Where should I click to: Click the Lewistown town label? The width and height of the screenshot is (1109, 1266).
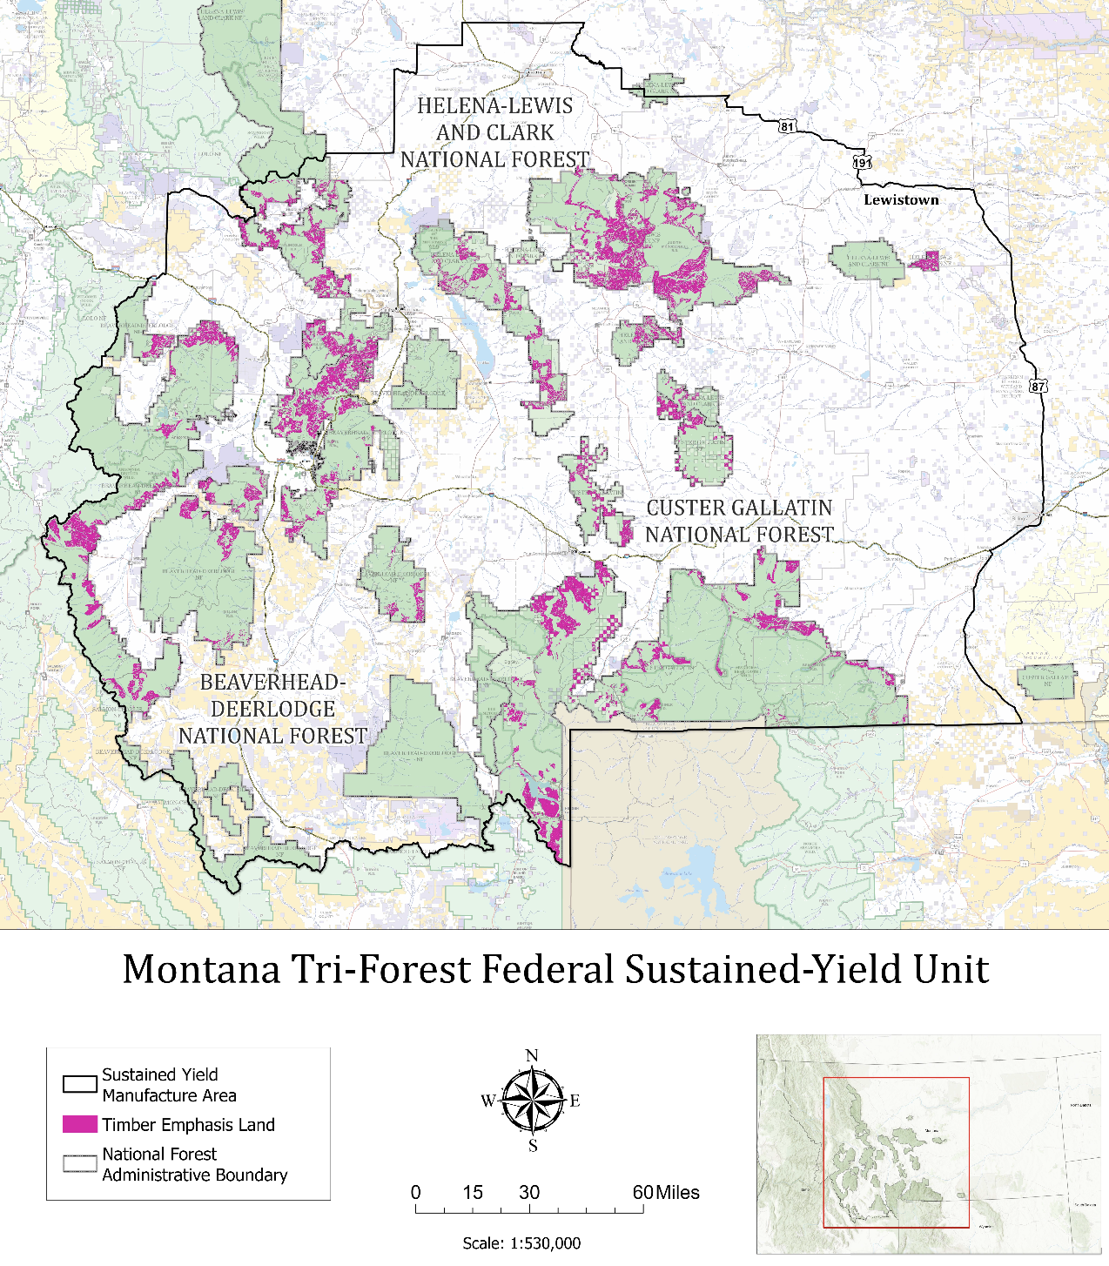pyautogui.click(x=901, y=199)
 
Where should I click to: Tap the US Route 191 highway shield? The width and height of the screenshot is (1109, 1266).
pyautogui.click(x=862, y=163)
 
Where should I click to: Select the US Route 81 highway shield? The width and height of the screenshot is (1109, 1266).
pyautogui.click(x=787, y=126)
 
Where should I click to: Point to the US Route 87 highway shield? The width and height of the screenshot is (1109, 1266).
pyautogui.click(x=1038, y=386)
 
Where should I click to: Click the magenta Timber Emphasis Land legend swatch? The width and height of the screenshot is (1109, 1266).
pyautogui.click(x=79, y=1124)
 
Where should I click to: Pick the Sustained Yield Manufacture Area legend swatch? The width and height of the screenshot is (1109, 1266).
pyautogui.click(x=79, y=1084)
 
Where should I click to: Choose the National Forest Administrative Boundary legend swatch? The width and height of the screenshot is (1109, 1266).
pyautogui.click(x=79, y=1164)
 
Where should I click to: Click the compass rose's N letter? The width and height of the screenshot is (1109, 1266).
pyautogui.click(x=532, y=1056)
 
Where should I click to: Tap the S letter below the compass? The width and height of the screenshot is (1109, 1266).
pyautogui.click(x=533, y=1146)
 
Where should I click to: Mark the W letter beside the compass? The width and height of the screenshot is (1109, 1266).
pyautogui.click(x=488, y=1101)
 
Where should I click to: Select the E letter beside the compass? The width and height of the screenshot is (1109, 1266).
pyautogui.click(x=575, y=1101)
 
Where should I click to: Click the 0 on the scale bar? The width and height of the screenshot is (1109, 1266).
pyautogui.click(x=416, y=1192)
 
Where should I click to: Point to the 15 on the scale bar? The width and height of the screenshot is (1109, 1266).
pyautogui.click(x=473, y=1192)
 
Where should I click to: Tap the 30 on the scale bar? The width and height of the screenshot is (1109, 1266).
pyautogui.click(x=529, y=1192)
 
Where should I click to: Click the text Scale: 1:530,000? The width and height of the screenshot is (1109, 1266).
pyautogui.click(x=521, y=1243)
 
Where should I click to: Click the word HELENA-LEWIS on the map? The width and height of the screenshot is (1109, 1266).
pyautogui.click(x=494, y=106)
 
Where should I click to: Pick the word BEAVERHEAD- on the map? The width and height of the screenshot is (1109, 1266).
pyautogui.click(x=272, y=682)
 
